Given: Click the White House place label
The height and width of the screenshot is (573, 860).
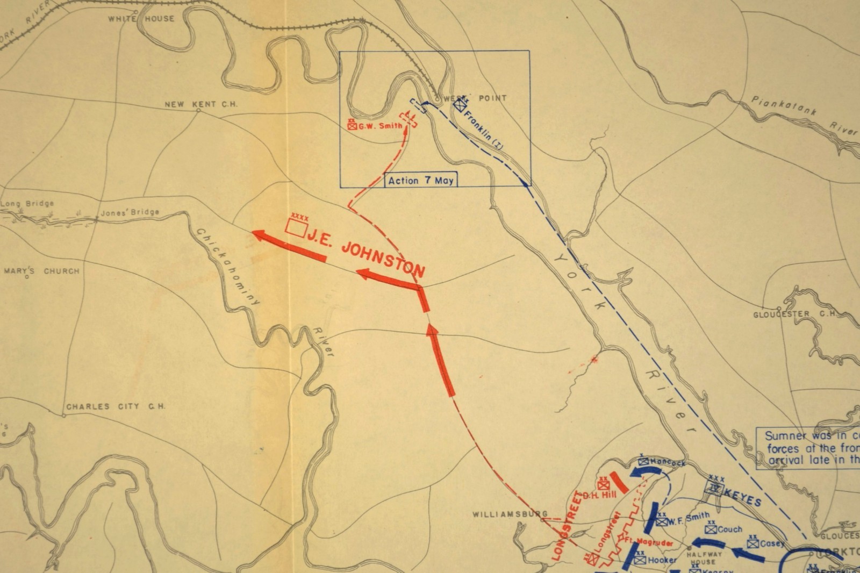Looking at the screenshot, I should pos(141,19).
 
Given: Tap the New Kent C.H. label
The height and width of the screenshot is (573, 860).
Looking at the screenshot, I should pos(200,104).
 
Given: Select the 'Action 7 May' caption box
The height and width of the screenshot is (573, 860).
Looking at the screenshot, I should pos(421,180).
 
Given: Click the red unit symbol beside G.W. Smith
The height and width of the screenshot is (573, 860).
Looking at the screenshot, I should pos(353,125).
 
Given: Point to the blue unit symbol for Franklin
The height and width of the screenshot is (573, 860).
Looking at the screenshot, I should pos(458,105).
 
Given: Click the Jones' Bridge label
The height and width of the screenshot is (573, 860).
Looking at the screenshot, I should pos(131,212).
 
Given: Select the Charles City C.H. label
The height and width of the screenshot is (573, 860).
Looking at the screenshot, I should pos(116,407).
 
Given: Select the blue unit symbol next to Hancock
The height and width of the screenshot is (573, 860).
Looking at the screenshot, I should pos(644,462).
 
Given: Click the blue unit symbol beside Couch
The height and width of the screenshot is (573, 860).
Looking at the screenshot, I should pos(712,529).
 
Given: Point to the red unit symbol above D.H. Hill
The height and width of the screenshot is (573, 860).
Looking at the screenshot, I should pos(603,484).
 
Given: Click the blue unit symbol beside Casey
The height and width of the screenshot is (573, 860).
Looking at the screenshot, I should pos(752,543).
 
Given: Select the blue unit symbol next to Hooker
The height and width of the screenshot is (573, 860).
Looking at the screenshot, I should pos(640,560).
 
